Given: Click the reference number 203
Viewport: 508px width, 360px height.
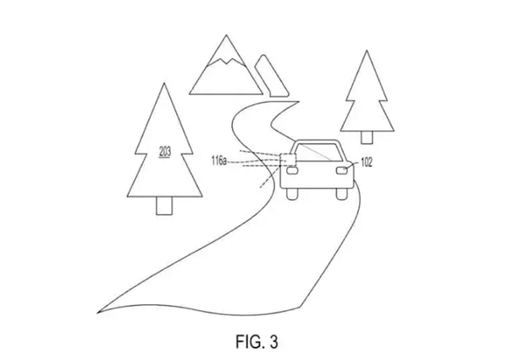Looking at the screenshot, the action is coord(165,152).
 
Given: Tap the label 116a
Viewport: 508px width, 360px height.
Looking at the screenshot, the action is coord(219,161).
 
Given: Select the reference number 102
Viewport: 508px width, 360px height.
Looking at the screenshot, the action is coord(367,163).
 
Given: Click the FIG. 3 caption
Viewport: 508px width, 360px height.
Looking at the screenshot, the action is coord(257,341).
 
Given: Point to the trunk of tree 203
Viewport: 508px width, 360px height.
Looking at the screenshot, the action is coord(164,206).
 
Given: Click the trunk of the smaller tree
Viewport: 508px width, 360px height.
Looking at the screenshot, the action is coord(367,137).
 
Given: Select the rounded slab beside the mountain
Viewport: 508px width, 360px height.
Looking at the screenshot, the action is coord(272,75).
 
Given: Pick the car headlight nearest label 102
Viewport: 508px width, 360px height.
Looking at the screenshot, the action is coord(342,170).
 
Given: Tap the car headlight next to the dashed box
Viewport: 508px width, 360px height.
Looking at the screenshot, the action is coord(292,170).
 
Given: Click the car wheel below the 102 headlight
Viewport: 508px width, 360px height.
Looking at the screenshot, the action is coord(342,194).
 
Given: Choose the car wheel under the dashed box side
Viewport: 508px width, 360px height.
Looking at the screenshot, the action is coord(292,194).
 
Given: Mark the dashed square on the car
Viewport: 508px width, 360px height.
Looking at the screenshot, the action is coord(288,160).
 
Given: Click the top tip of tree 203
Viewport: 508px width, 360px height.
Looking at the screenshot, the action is coord(164,83).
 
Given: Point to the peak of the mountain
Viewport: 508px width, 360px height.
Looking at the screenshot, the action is coord(226,35).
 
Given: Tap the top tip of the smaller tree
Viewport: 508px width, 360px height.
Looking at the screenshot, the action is coord(367,51).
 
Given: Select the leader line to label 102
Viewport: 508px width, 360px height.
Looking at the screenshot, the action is coord(352,165).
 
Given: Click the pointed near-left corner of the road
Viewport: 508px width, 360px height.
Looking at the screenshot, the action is coord(97,313).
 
